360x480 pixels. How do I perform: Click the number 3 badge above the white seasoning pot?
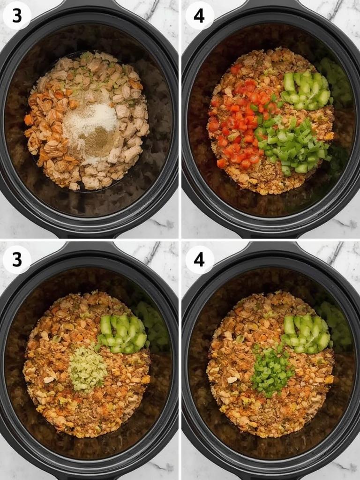click(17, 15)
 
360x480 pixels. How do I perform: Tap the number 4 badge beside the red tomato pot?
click(199, 15)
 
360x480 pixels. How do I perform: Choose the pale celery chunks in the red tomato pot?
click(306, 90)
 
